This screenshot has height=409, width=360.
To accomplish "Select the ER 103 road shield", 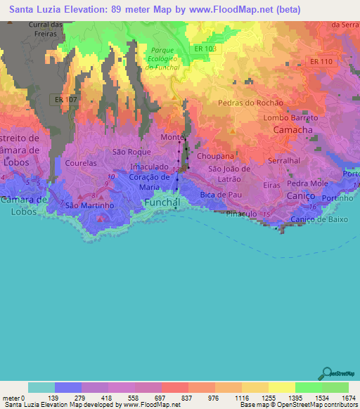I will (x=205, y=48).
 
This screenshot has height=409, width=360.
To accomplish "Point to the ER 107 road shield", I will (x=66, y=100).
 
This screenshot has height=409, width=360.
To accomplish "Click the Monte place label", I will (x=172, y=137).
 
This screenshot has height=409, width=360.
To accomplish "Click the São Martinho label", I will (x=89, y=206).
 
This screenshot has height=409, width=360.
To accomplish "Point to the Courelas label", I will (x=80, y=162).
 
